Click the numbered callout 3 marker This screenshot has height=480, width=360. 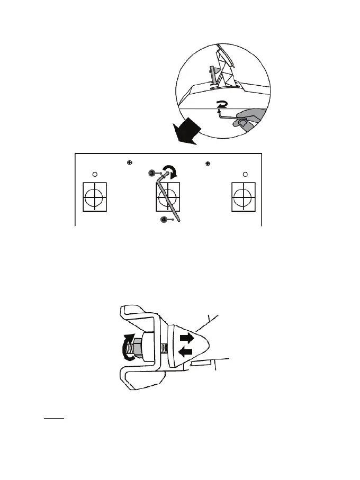[151, 173]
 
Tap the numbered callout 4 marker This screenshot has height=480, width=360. [164, 219]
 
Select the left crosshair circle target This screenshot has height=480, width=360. [95, 197]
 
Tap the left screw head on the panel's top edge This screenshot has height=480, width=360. [130, 162]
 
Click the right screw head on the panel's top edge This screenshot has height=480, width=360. [208, 162]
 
